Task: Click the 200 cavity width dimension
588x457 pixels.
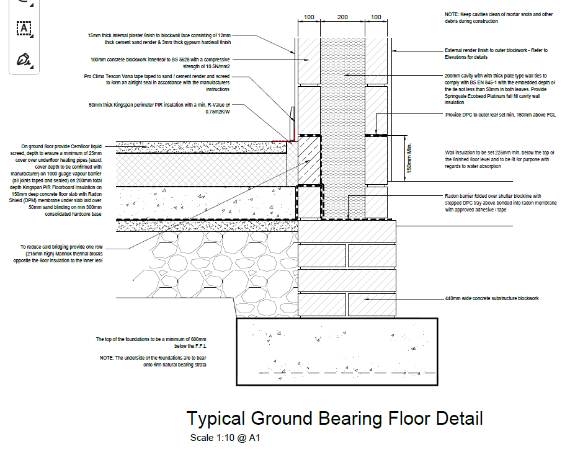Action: tap(342, 17)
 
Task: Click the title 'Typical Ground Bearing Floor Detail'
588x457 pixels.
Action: tap(334, 419)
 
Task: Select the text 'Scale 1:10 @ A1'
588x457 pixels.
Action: tap(225, 438)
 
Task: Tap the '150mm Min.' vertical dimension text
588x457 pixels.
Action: tap(409, 158)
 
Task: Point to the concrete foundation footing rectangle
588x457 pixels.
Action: tap(337, 352)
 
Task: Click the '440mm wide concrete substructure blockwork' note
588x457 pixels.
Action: tap(492, 298)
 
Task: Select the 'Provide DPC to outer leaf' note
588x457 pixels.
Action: tap(501, 115)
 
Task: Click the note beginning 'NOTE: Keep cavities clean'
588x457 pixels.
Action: tap(499, 17)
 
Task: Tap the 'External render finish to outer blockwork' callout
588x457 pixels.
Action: tap(496, 53)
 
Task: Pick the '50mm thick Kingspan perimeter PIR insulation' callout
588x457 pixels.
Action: tap(159, 108)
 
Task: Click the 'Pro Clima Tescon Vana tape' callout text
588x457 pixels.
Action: tap(157, 83)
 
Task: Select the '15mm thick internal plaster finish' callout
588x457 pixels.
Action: tap(159, 39)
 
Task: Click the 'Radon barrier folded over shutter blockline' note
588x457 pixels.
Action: tap(501, 203)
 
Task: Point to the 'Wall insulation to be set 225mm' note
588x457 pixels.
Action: tap(499, 159)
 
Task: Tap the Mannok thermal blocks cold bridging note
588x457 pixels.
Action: tap(58, 254)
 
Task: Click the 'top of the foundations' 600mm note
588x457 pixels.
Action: tap(151, 343)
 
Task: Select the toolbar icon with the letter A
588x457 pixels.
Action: tap(24, 28)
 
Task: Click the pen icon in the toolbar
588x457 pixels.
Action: tap(24, 60)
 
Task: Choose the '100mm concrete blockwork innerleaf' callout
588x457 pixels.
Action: tap(160, 63)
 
